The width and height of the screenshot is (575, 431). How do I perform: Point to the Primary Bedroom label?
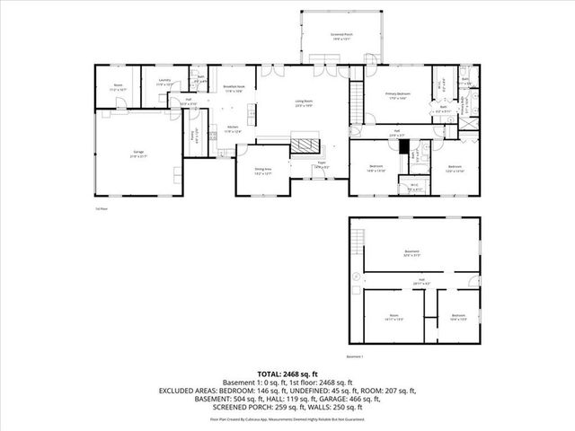coord(399,94)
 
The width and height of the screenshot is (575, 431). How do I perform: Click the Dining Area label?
coord(262,172)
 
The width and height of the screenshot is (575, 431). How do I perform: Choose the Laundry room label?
coord(164,82)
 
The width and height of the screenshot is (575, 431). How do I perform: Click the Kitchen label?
coord(232,129)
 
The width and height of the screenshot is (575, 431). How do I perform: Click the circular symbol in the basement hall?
coord(357,277)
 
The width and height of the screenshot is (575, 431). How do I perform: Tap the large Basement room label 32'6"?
coord(412,253)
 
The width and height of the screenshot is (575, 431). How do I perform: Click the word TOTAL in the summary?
coord(270,373)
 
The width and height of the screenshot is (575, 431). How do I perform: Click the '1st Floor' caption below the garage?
coord(102,208)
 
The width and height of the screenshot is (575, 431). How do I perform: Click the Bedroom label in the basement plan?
coord(458,317)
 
